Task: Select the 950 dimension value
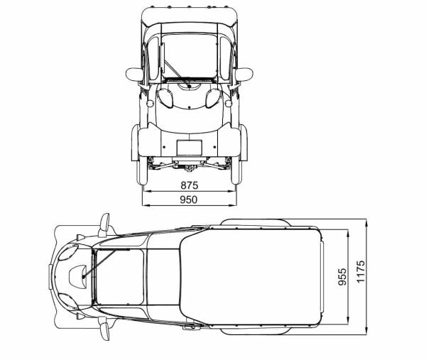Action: coord(189,200)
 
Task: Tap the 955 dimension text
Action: coord(342,277)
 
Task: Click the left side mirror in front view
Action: coord(134,73)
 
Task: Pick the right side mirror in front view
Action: coord(244,73)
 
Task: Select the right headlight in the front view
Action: coord(210,99)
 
